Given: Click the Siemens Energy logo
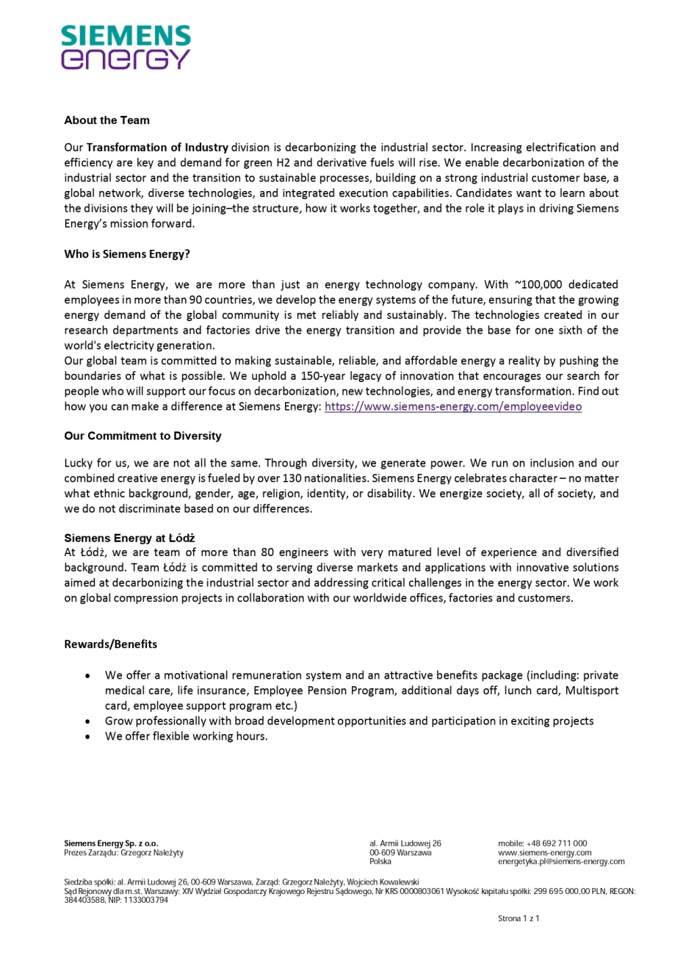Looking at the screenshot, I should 126,48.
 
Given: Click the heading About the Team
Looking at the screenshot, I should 107,120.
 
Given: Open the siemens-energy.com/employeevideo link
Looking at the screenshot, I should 452,406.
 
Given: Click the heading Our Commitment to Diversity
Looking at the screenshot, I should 142,436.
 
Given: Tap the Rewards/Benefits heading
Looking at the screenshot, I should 111,644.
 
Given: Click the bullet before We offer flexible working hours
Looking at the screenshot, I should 88,736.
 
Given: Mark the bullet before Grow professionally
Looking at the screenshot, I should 88,721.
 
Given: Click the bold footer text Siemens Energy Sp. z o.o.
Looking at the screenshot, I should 111,843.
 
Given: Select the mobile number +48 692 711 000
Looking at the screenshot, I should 556,843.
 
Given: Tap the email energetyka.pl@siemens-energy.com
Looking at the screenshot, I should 561,861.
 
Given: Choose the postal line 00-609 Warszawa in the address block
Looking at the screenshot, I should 400,852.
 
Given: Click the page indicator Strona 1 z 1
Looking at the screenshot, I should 519,919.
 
